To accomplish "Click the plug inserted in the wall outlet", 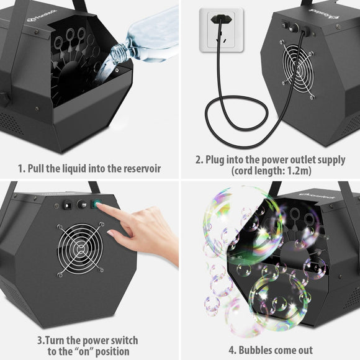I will point(217,19).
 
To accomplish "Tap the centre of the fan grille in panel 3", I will point(78,250).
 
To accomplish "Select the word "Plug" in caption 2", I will point(214,160).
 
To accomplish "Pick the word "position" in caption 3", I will point(99,352).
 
